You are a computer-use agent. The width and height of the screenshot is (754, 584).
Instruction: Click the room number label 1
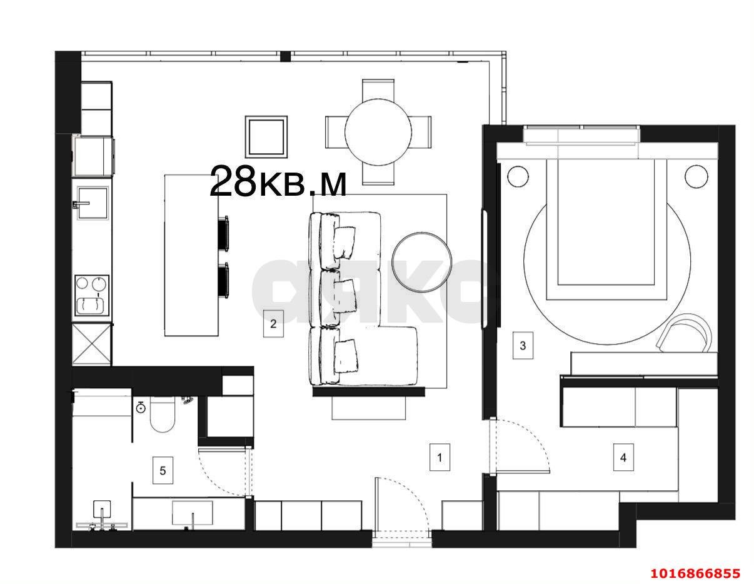440,457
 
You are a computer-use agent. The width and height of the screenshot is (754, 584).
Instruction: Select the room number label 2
273,324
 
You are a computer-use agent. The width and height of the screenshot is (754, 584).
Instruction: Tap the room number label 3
523,345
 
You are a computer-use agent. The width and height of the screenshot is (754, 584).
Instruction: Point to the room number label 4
623,457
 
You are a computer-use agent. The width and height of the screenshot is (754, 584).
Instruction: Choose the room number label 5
163,470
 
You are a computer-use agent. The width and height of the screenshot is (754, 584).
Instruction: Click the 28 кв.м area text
278,182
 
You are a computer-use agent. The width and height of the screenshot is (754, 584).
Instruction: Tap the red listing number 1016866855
695,573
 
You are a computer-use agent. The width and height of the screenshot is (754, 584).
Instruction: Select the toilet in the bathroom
162,417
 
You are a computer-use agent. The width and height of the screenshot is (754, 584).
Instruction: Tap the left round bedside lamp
518,176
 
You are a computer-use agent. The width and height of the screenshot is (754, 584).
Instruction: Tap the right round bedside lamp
696,176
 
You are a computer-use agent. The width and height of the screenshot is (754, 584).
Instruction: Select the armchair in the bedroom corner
685,335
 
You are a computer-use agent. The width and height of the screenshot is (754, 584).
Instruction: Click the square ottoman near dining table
266,136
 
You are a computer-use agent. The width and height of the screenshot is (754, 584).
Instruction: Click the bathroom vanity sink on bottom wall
192,514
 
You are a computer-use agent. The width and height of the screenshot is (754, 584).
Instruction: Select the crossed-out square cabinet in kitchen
93,344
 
